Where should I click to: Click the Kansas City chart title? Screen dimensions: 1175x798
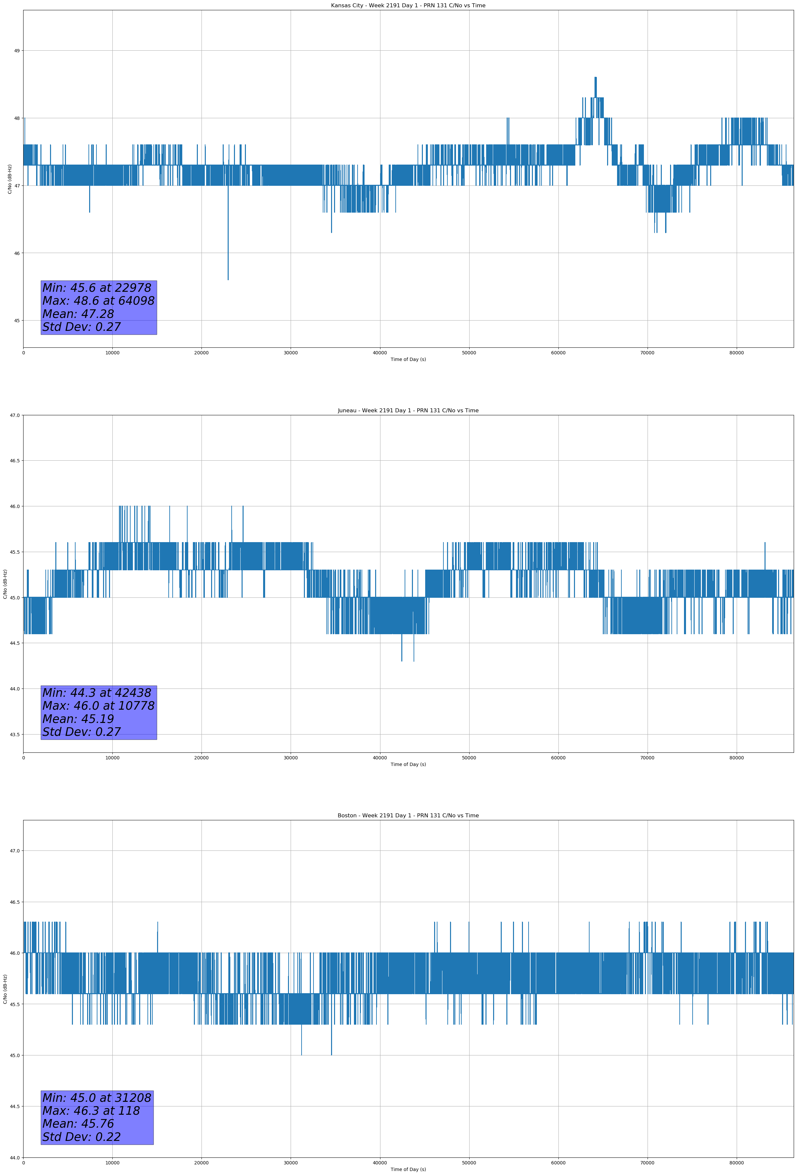click(408, 6)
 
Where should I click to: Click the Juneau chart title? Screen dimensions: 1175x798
click(408, 411)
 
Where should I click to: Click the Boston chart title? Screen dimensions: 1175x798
click(408, 816)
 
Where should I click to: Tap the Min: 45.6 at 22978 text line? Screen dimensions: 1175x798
click(97, 288)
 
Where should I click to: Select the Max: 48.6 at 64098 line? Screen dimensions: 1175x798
click(98, 301)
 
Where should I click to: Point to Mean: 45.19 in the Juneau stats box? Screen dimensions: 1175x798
click(78, 719)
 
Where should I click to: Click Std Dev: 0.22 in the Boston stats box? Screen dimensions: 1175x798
click(82, 1137)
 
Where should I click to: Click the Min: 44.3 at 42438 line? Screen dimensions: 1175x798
click(97, 693)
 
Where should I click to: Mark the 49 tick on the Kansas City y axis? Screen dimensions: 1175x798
click(17, 51)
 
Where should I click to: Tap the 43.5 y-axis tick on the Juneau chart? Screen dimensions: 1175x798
click(14, 735)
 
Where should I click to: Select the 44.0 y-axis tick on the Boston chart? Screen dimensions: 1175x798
click(14, 1158)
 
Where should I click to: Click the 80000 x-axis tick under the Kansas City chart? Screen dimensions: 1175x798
click(736, 353)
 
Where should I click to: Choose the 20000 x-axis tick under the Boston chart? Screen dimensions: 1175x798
click(201, 1163)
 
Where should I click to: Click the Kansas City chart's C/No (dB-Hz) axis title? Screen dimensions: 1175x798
click(10, 179)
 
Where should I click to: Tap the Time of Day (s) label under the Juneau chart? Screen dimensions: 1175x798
click(408, 764)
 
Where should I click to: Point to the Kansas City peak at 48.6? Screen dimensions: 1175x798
click(596, 77)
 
